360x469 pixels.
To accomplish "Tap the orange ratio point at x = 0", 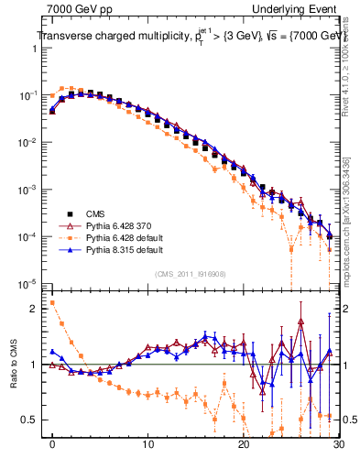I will click(52, 302).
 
